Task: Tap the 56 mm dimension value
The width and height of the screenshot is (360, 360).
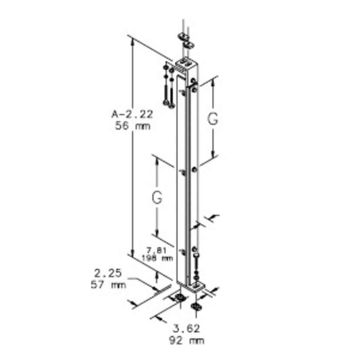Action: tap(132, 126)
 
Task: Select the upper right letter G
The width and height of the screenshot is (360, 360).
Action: tap(212, 119)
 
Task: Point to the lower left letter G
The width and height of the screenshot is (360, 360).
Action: tap(157, 197)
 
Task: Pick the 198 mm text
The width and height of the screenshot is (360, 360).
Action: tap(156, 258)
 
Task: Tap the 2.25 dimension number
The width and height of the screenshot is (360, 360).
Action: tap(108, 274)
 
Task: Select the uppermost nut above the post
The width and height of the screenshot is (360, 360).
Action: tap(183, 36)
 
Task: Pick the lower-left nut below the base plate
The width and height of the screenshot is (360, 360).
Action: tap(178, 298)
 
